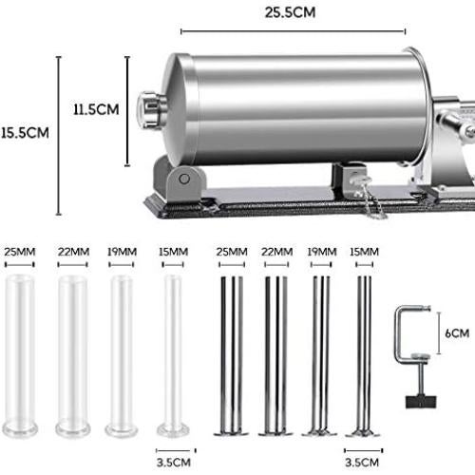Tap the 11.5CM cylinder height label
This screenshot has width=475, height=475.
click(96, 109)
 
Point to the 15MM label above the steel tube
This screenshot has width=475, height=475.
click(361, 252)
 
